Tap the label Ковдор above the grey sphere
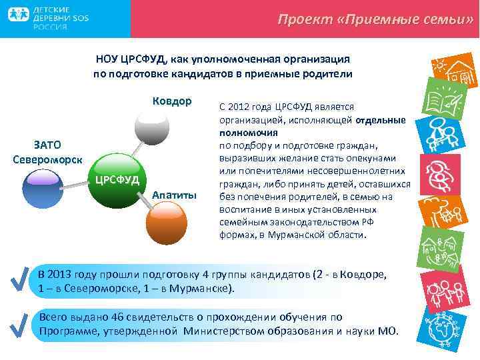pos(172,101)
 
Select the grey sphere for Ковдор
pos(152,125)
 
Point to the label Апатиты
pos(175,194)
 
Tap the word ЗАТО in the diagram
pos(47,145)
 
